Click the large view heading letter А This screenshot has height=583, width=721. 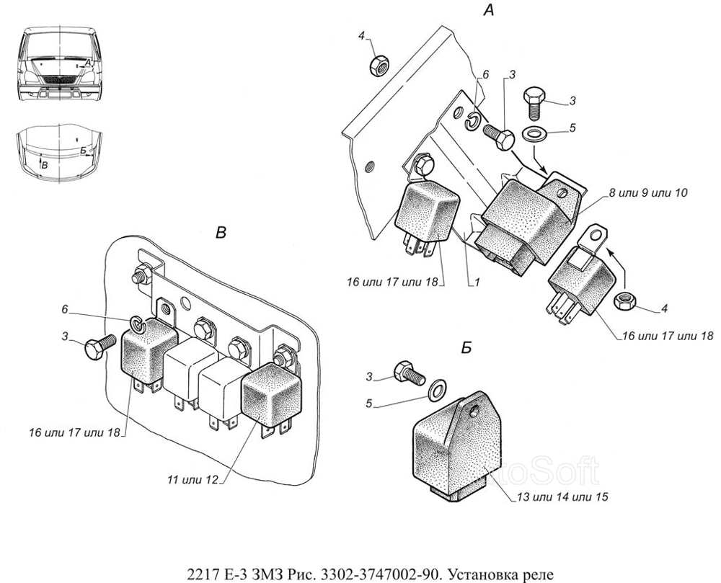point(489,10)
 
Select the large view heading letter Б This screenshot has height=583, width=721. point(466,348)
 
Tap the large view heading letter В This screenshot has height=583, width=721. point(221,232)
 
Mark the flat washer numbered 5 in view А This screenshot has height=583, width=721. point(534,133)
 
